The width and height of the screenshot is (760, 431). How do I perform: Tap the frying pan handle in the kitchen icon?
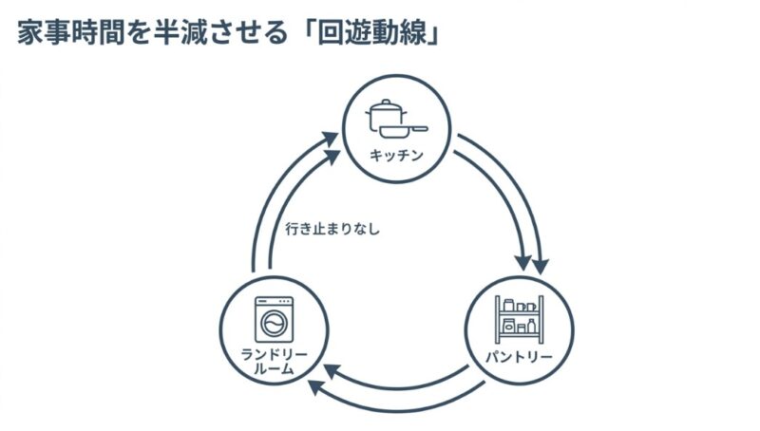[x=419, y=128]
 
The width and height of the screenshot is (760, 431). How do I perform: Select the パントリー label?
[x=520, y=358]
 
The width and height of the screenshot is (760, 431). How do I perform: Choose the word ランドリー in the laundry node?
[x=274, y=357]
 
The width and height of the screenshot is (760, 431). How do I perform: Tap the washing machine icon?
[x=274, y=320]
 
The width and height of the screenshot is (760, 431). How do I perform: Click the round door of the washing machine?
[x=274, y=325]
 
